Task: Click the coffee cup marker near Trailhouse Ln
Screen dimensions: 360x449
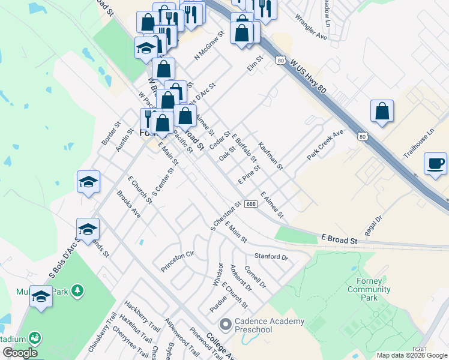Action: tap(436, 163)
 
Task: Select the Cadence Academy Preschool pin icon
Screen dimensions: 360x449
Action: tap(226, 325)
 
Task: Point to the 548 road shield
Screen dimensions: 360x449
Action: tap(419, 350)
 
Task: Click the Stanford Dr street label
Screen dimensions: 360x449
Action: tap(271, 256)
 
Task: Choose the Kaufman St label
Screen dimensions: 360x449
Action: tap(270, 156)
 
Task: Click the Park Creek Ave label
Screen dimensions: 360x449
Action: tap(325, 145)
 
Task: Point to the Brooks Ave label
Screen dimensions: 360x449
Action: tap(128, 204)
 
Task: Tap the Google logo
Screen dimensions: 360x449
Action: tap(20, 353)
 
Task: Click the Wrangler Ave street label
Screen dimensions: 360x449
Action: tap(311, 28)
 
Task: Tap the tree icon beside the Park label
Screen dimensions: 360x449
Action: tap(77, 291)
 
